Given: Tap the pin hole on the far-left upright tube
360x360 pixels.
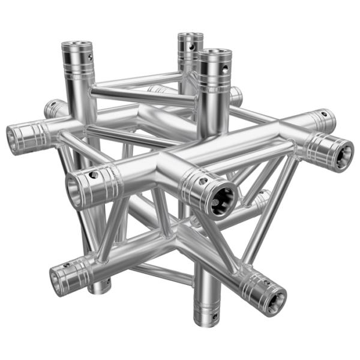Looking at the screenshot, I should tap(90, 57).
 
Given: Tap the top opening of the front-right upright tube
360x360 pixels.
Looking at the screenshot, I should tap(214, 54).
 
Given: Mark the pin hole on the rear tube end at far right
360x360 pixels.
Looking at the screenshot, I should tap(325, 113).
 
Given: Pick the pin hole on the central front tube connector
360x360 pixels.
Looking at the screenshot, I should tap(203, 180).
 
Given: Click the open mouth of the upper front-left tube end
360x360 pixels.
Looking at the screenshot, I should tap(75, 191).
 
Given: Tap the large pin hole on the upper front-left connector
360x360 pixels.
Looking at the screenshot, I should tap(93, 175).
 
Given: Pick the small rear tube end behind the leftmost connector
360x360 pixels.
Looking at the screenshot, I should tap(54, 108).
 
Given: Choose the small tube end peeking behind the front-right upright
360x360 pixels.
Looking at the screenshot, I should tap(237, 96).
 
